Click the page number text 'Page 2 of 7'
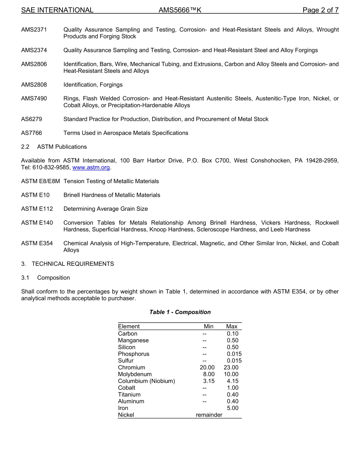click(320, 10)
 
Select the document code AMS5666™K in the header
click(180, 10)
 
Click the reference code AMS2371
click(34, 30)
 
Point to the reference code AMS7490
click(34, 99)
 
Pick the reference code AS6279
click(32, 119)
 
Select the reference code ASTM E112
click(37, 209)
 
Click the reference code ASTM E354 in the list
click(37, 243)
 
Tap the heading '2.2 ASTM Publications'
click(54, 147)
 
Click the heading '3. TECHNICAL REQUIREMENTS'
click(67, 264)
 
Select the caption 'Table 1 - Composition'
click(180, 312)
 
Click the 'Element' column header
click(129, 326)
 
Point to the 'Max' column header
click(232, 326)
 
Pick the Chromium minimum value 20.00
click(207, 367)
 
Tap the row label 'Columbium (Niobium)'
click(146, 381)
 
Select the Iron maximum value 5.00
click(233, 408)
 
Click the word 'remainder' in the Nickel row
click(209, 415)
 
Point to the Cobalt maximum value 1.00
click(233, 388)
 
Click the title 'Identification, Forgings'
click(93, 85)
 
